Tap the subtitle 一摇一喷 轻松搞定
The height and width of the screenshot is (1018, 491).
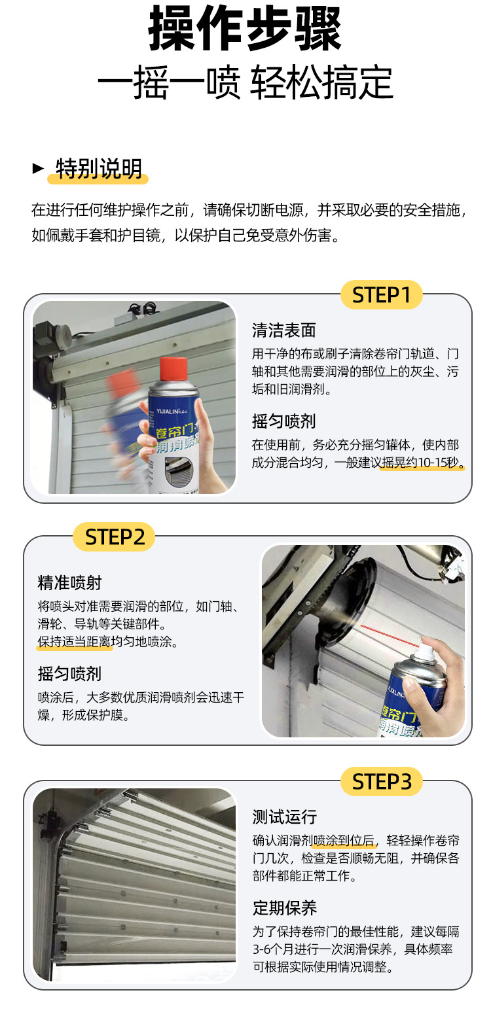coord(245,82)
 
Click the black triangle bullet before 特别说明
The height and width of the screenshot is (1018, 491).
coord(38,169)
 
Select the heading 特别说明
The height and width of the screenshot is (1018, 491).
coord(99,169)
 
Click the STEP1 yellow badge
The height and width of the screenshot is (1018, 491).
coord(382,295)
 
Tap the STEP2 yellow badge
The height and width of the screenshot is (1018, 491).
coord(114,536)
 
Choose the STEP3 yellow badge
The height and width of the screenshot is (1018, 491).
coord(382,781)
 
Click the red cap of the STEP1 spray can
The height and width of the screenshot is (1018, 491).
coord(173,368)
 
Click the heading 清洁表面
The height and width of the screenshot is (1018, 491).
coord(284,330)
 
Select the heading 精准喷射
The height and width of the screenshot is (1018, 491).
coord(69,583)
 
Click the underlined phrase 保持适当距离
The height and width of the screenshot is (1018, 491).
coord(75,642)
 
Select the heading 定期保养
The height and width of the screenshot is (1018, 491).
coord(285,908)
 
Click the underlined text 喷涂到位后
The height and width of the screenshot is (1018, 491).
coord(344,840)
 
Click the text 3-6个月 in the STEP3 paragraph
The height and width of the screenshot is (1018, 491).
coord(276,949)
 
